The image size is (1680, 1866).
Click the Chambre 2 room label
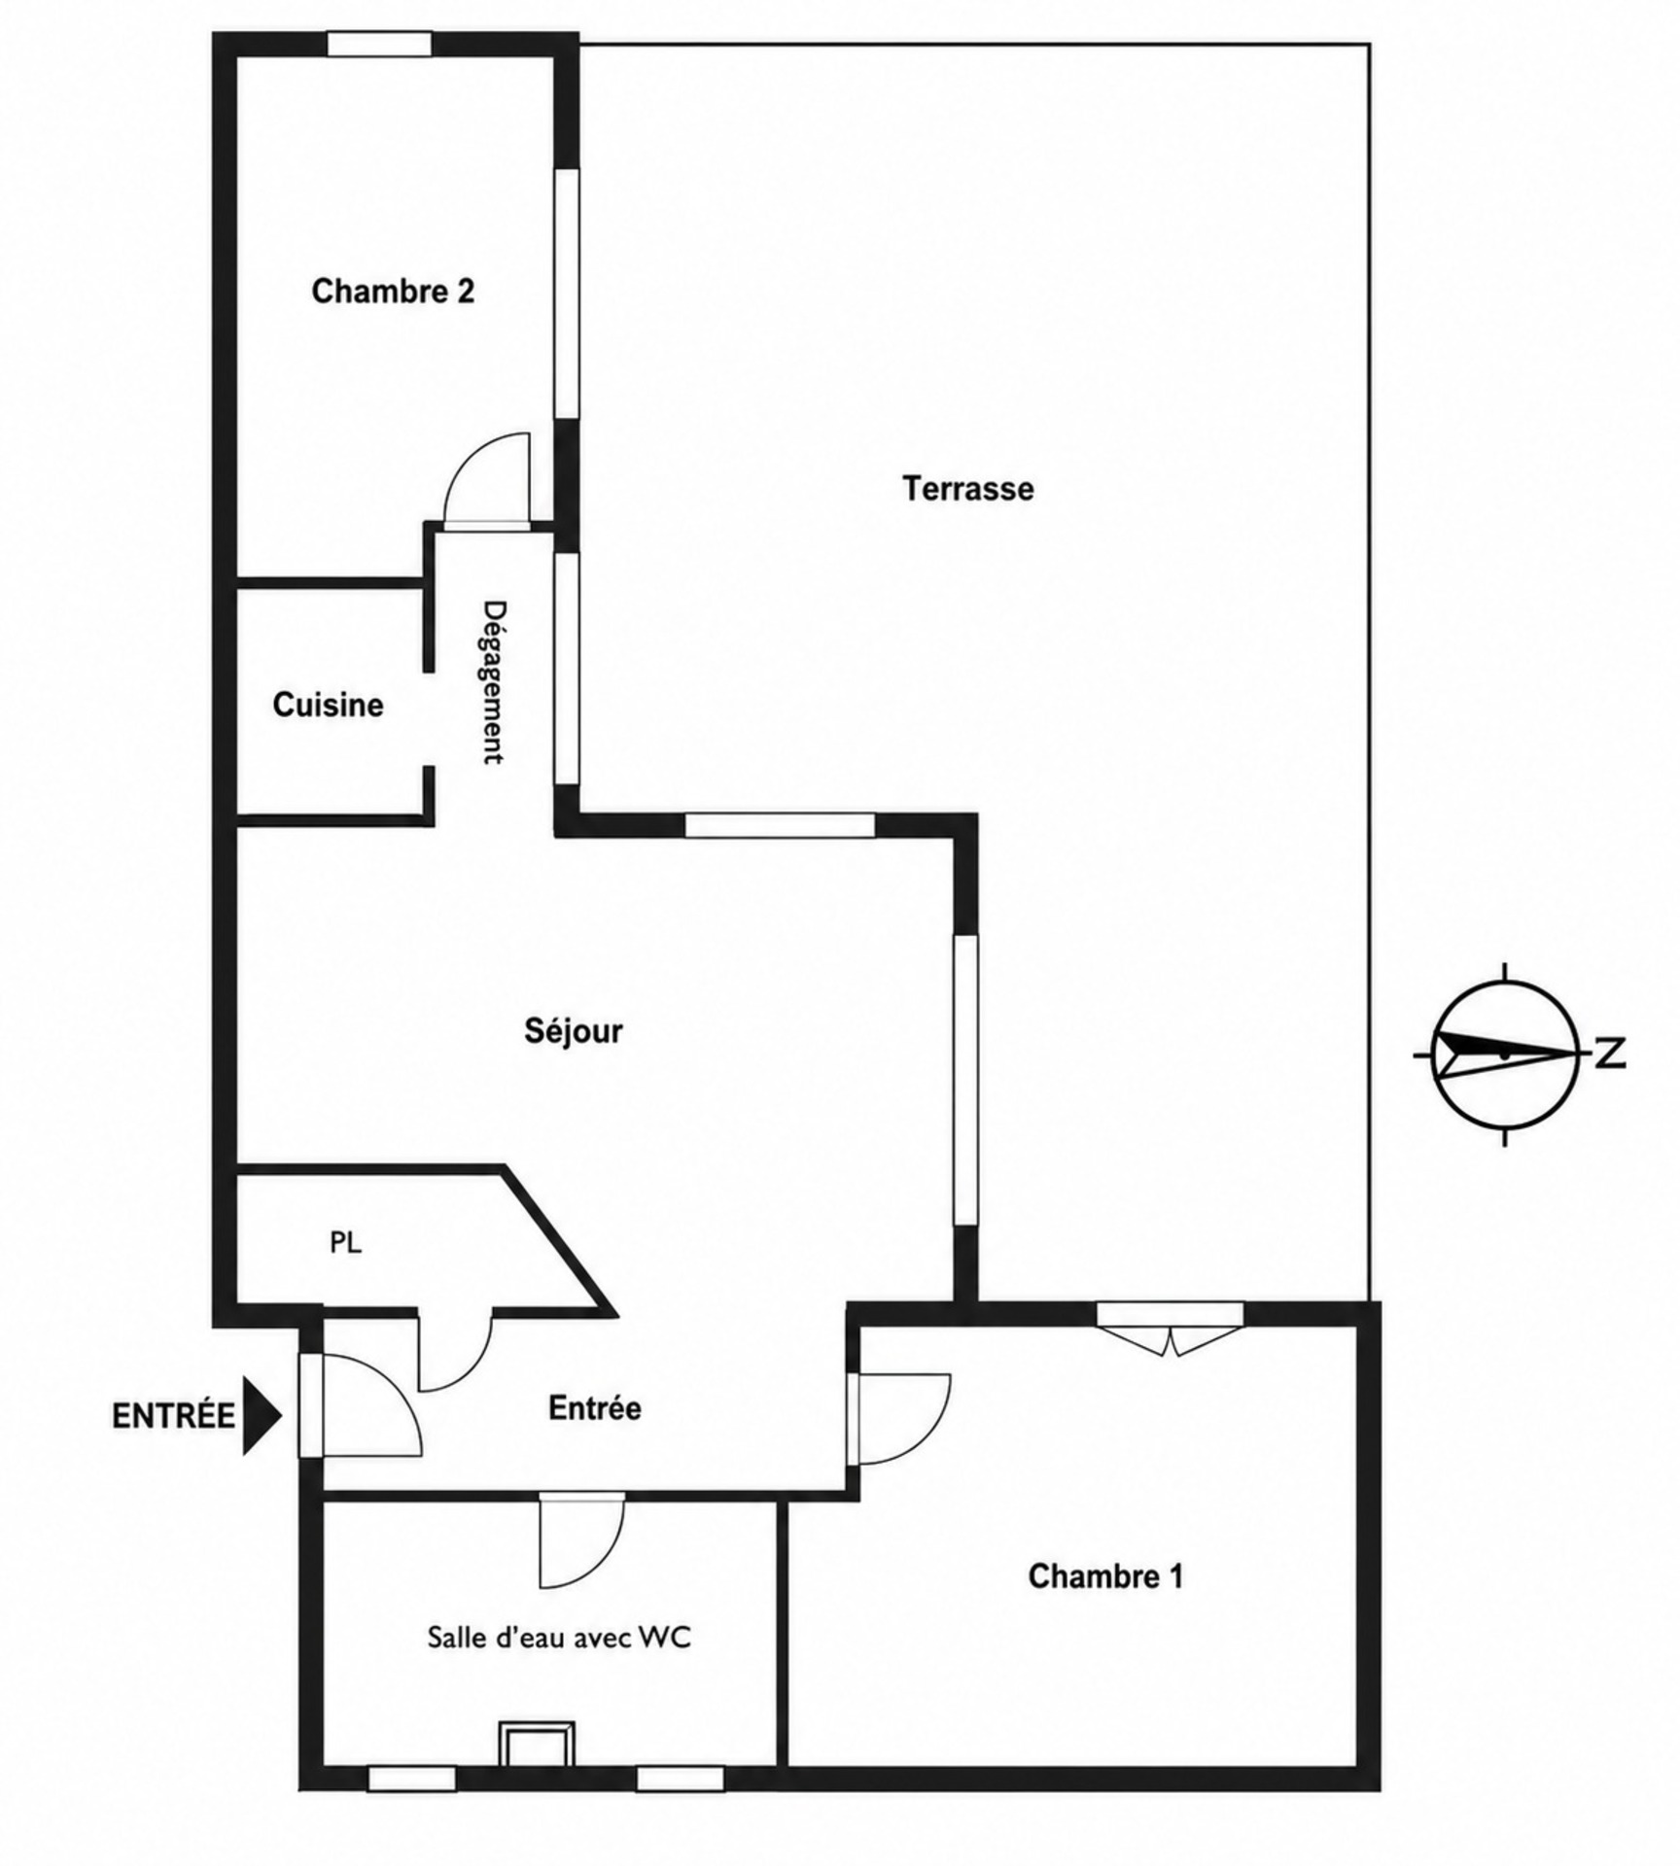coord(393,291)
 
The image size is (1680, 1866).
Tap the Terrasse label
coord(968,488)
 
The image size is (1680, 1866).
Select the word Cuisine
coord(328,705)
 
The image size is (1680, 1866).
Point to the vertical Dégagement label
coord(495,682)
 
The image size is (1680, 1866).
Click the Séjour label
coord(574,1030)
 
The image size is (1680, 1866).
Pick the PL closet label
coord(346,1242)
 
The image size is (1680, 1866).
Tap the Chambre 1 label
coord(1105,1575)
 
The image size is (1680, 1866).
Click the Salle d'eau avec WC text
coord(559,1637)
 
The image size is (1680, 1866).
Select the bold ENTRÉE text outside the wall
coord(173,1416)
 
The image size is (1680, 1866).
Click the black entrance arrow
coord(261,1415)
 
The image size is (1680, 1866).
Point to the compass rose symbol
coord(1505,1054)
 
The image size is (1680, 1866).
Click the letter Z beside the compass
coord(1611,1054)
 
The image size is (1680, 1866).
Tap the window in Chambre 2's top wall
coord(378,44)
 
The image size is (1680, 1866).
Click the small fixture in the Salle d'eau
coord(537,1744)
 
